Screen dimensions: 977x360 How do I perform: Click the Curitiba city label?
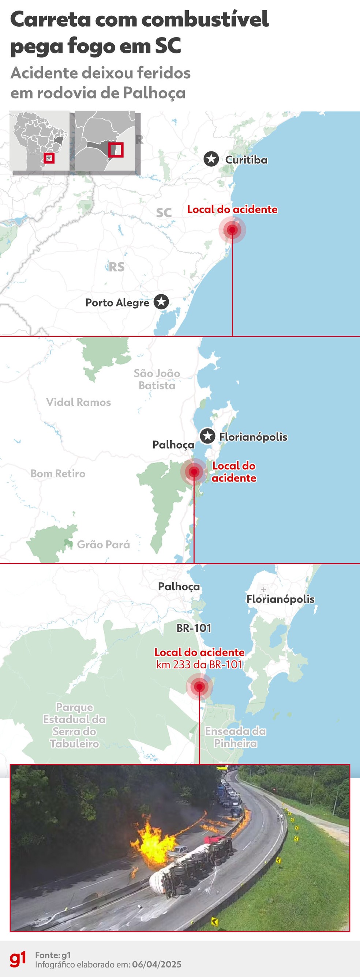[246, 160]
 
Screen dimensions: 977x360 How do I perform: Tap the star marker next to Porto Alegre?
[161, 302]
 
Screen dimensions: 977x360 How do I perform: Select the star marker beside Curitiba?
[211, 159]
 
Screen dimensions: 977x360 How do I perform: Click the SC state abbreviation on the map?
[164, 213]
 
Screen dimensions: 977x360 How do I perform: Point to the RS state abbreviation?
[116, 267]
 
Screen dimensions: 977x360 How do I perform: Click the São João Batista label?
[157, 379]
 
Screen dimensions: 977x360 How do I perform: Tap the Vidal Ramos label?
[79, 402]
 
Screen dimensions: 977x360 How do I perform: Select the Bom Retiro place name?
[58, 474]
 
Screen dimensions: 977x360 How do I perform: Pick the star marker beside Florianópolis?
[207, 436]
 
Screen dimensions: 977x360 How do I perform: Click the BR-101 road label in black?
[194, 628]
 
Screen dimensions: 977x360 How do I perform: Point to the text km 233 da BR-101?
[199, 664]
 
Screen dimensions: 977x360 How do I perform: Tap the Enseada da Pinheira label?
[236, 737]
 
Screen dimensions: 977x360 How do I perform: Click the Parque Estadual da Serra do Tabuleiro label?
[74, 725]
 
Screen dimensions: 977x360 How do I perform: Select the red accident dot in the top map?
[233, 230]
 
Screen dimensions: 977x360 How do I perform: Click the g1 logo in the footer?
[18, 959]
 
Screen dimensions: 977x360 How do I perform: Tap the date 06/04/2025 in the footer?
[157, 964]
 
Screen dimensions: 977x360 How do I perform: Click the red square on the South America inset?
[49, 158]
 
